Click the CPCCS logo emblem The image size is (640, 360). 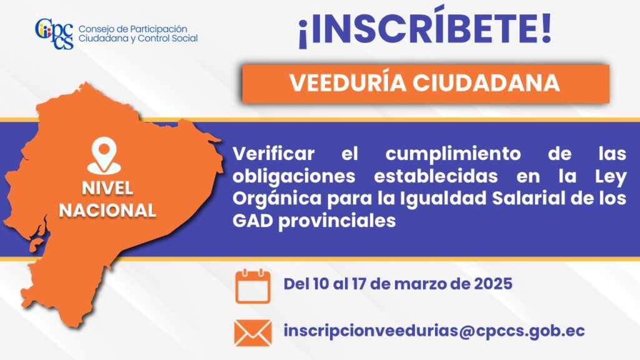[54, 34]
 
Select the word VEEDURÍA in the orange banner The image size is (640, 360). [348, 83]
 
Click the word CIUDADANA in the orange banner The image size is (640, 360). [486, 83]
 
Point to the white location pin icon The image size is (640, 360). [104, 155]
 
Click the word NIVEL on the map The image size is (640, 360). [107, 188]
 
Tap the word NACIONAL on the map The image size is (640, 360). [107, 211]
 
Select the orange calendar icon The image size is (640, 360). [252, 286]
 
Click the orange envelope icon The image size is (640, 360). [252, 333]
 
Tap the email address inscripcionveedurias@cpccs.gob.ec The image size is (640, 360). [434, 331]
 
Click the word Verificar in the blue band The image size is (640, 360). [274, 154]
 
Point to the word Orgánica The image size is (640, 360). [277, 199]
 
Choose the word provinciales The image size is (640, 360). [337, 221]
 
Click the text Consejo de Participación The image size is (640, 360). [133, 29]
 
